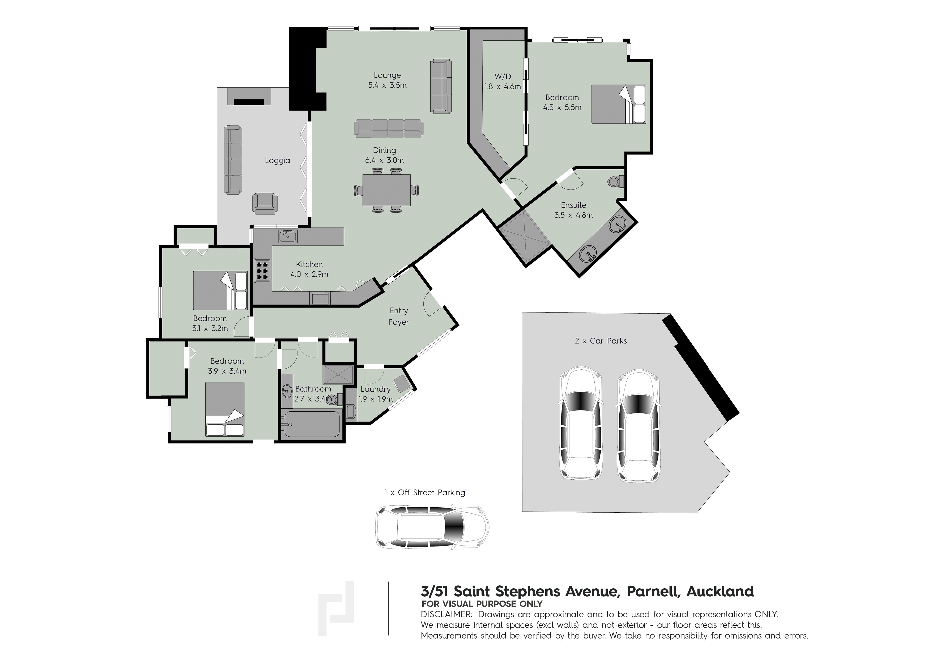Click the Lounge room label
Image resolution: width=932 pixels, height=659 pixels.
click(387, 75)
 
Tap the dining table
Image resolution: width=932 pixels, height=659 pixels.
click(386, 190)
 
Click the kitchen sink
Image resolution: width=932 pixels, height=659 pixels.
click(288, 236)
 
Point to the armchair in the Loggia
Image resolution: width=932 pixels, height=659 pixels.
click(265, 204)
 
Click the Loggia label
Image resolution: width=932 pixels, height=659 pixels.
click(278, 160)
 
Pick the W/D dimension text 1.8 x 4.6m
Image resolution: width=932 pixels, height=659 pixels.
click(503, 86)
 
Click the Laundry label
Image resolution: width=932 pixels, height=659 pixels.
click(376, 389)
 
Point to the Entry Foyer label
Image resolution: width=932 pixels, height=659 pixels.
click(399, 316)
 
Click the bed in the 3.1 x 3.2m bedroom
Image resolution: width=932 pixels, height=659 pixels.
click(220, 291)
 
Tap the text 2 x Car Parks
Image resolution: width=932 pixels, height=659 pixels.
click(601, 341)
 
